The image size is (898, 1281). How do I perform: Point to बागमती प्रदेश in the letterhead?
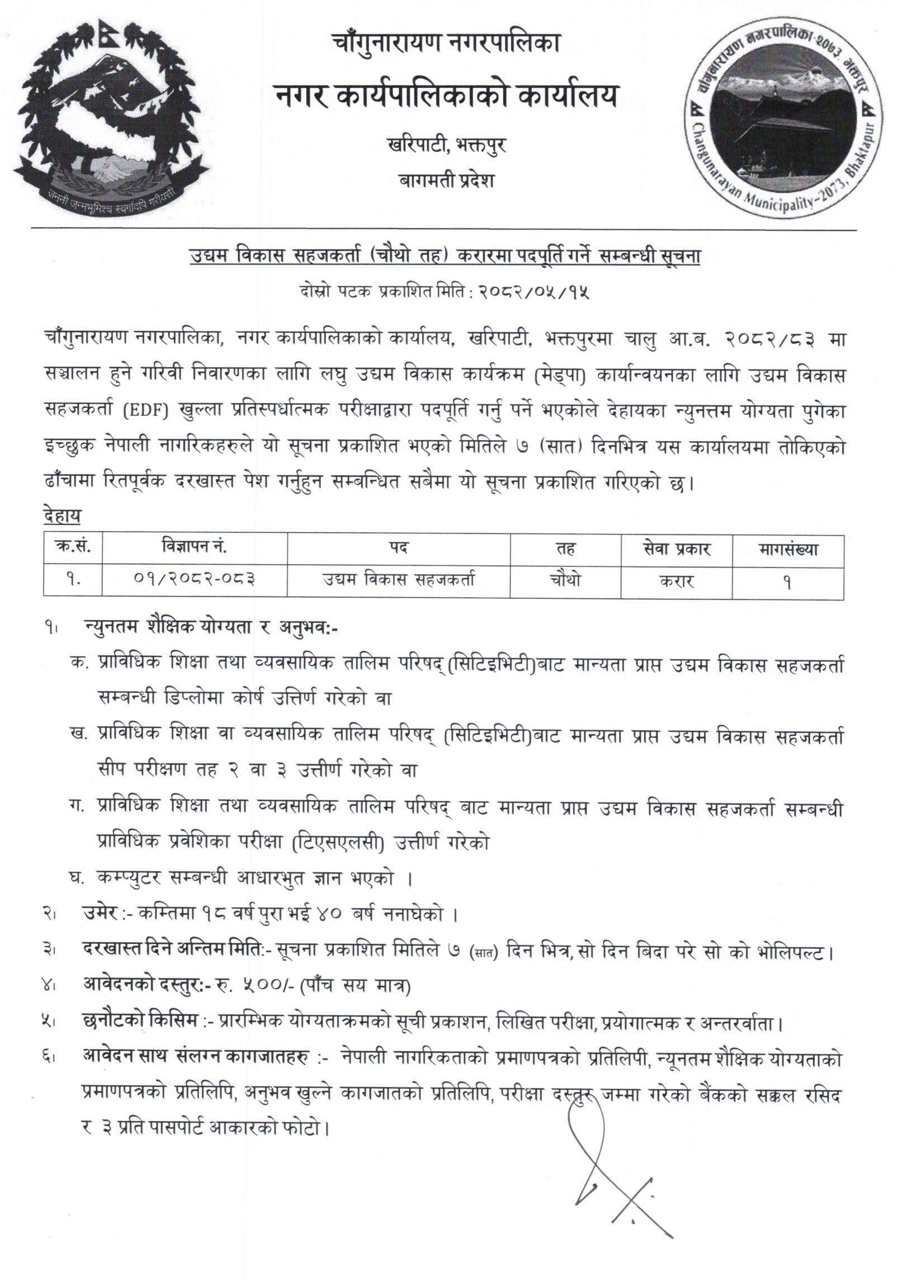(x=446, y=181)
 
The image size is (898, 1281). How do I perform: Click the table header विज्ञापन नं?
(x=193, y=549)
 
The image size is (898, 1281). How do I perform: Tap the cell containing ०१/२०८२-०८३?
(x=193, y=580)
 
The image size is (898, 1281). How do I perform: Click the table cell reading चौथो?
(x=565, y=580)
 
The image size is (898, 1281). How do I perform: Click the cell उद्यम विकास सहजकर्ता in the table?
(x=398, y=580)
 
